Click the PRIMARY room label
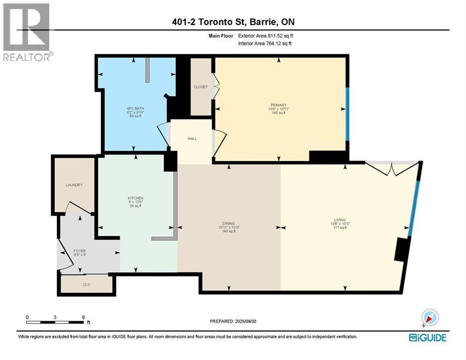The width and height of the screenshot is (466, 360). [281, 105]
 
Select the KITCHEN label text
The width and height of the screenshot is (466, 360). [135, 198]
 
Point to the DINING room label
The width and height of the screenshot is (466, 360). [229, 224]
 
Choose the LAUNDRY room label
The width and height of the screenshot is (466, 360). [74, 185]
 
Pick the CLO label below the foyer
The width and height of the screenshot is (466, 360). [86, 285]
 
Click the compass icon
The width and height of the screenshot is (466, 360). [429, 318]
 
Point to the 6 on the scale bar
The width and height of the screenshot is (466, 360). [83, 317]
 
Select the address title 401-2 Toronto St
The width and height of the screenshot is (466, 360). [232, 22]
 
